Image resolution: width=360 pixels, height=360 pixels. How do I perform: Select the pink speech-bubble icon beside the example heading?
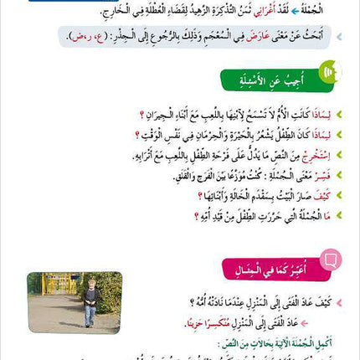pos(330,260)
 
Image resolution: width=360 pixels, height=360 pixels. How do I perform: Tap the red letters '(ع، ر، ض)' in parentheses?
pos(88,37)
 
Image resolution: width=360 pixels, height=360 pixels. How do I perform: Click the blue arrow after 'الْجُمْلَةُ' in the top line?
pos(294,11)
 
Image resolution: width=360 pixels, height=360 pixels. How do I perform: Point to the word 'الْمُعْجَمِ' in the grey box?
pos(213,36)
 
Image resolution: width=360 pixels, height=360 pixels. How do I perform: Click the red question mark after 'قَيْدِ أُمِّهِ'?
pos(196,216)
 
